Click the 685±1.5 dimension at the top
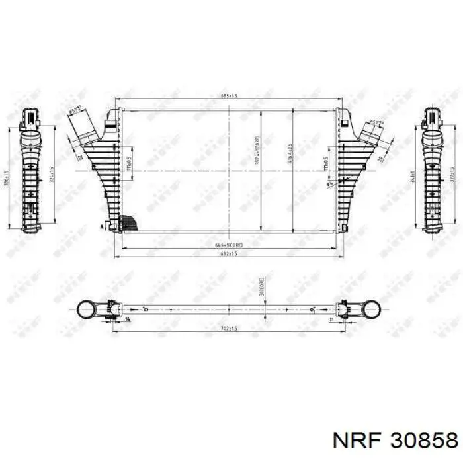point(228,97)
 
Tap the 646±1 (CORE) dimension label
point(228,245)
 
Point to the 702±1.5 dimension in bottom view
point(228,328)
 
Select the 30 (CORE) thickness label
point(263,286)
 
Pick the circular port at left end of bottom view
point(85,309)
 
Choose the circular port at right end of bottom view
point(370,309)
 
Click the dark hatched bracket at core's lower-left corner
point(132,224)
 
